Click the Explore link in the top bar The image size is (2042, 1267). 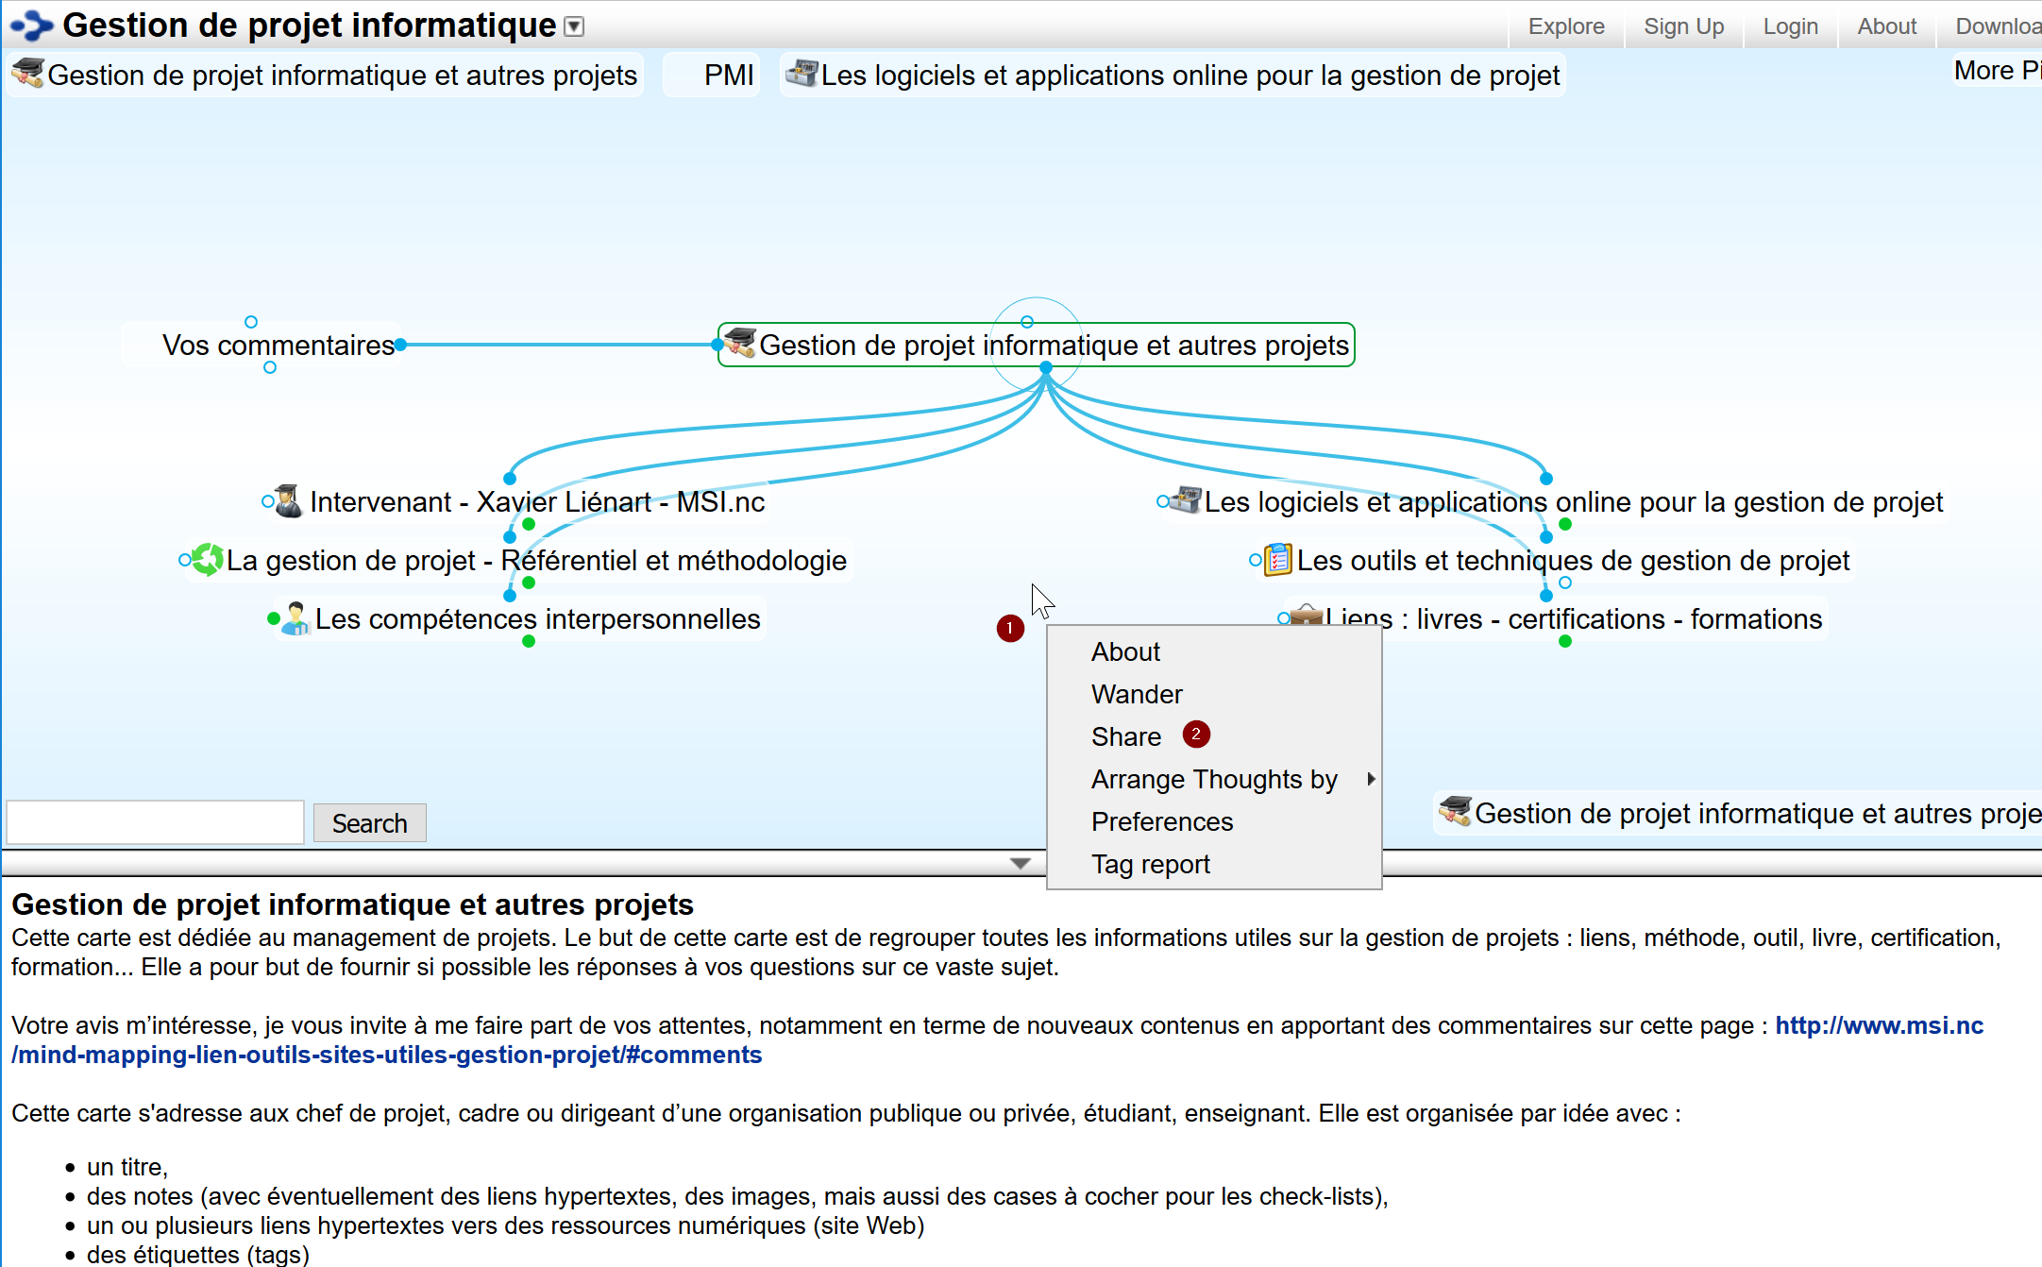tap(1566, 26)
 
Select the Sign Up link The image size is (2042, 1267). tap(1683, 26)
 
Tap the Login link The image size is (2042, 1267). tap(1790, 26)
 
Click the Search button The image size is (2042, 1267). tap(369, 823)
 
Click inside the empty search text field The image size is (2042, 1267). tap(155, 822)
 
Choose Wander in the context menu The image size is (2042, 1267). tap(1137, 694)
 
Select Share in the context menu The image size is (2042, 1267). tap(1126, 736)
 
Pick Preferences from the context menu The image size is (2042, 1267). tap(1162, 821)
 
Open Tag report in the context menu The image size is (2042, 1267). tap(1151, 864)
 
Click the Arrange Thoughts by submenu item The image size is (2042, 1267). tap(1214, 779)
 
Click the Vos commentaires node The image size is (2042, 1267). tap(278, 346)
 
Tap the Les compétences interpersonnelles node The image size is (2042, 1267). tap(537, 619)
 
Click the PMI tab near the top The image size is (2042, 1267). tap(728, 76)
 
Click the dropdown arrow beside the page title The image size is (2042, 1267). tap(574, 26)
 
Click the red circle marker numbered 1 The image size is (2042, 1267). tap(1010, 628)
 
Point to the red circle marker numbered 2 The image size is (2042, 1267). tap(1196, 734)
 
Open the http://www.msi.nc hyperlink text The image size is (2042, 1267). tap(1879, 1025)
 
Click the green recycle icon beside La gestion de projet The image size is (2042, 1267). tap(207, 560)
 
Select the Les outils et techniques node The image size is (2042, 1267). tap(1573, 561)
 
